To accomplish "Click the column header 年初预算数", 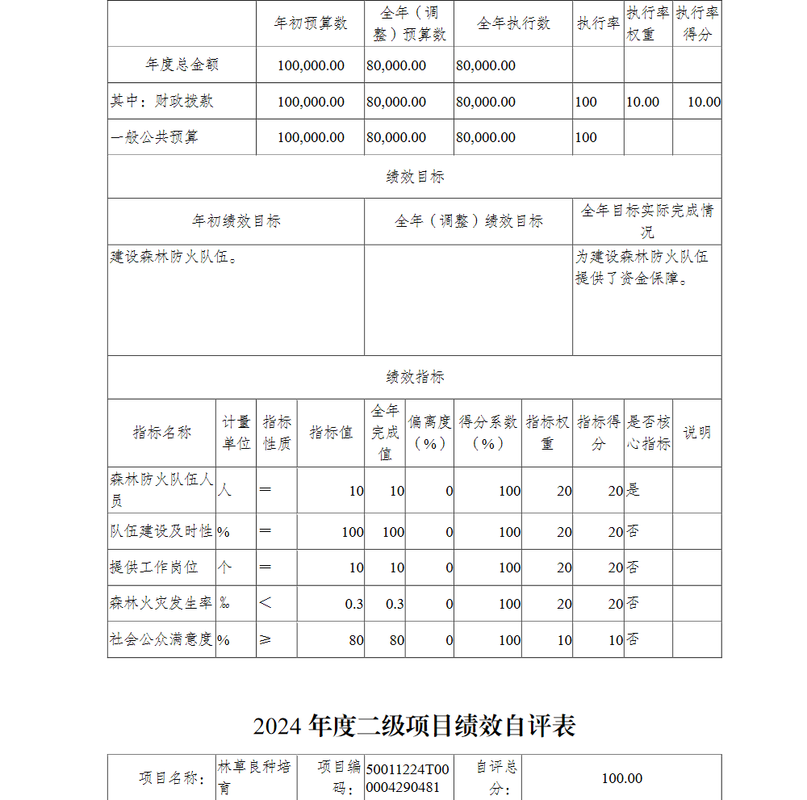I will tap(311, 23).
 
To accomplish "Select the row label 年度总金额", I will tap(182, 65).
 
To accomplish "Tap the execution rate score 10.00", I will tap(704, 102).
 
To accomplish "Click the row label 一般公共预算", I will tap(154, 137).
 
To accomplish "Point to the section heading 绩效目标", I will tap(415, 177).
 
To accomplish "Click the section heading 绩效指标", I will tap(415, 377).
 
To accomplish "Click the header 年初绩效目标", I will tap(236, 221).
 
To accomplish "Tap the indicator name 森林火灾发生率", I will tap(161, 603).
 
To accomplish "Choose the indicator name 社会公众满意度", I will tap(161, 639).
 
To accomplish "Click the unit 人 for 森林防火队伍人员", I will tap(225, 490).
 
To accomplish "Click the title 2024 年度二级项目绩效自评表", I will tap(414, 726).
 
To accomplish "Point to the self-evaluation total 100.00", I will tap(622, 778).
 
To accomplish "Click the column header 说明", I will tap(696, 433).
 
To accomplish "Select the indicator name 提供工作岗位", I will tap(153, 567).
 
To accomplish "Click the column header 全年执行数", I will tap(513, 23).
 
